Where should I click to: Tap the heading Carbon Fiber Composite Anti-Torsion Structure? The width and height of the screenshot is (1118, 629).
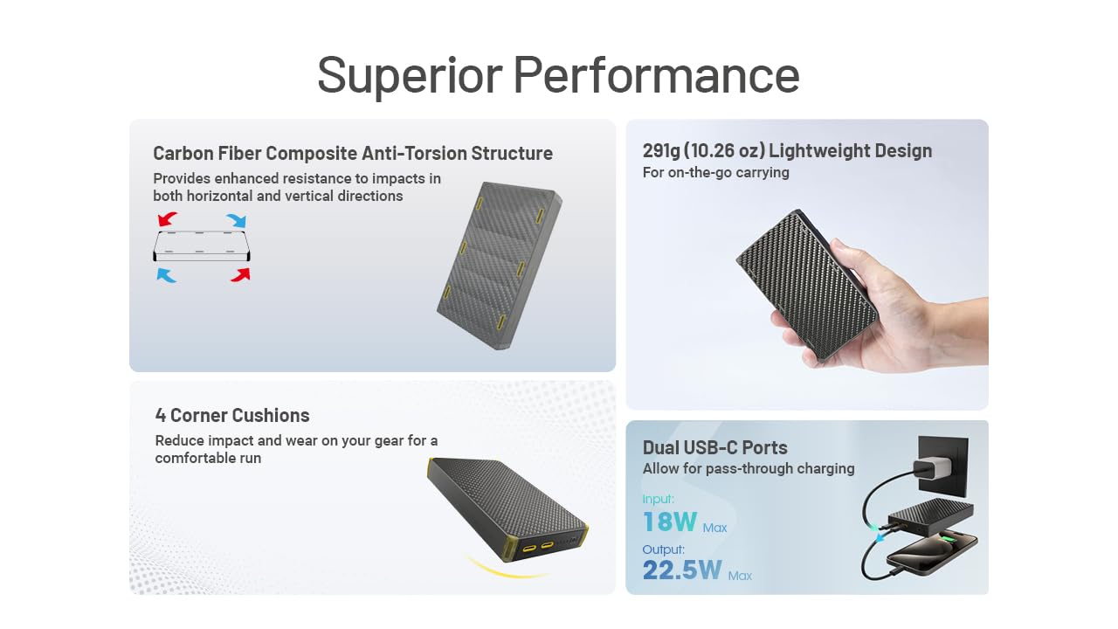[x=352, y=153]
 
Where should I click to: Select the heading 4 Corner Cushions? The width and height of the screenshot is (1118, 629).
[x=232, y=415]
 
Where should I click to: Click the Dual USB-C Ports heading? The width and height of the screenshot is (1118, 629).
[x=714, y=447]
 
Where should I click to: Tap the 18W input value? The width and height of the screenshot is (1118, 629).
[x=670, y=522]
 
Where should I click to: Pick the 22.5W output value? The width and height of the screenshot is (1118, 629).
[x=682, y=570]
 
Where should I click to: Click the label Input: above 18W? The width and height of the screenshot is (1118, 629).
[x=658, y=499]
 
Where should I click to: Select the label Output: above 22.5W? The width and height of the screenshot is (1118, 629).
[x=664, y=549]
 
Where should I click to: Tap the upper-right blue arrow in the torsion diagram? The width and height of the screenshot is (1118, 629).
[x=236, y=219]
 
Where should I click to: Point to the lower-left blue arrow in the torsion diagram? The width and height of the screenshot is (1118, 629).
[x=167, y=275]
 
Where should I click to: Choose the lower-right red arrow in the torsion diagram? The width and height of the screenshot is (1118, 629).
[x=240, y=274]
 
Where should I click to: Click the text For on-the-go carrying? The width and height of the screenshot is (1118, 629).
[x=715, y=172]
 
